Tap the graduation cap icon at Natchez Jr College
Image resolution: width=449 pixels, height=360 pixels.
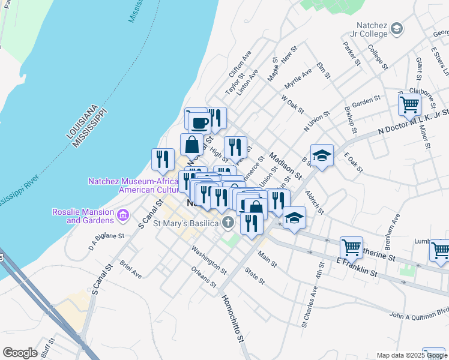(396, 28)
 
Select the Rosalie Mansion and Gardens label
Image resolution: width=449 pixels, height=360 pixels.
(90, 216)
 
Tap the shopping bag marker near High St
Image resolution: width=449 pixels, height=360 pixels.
(191, 145)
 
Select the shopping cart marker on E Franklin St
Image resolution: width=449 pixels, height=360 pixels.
(351, 247)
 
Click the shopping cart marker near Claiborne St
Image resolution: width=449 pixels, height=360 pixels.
(409, 106)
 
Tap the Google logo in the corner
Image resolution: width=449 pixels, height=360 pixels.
(20, 353)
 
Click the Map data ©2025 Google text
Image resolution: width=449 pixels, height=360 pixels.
(411, 355)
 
